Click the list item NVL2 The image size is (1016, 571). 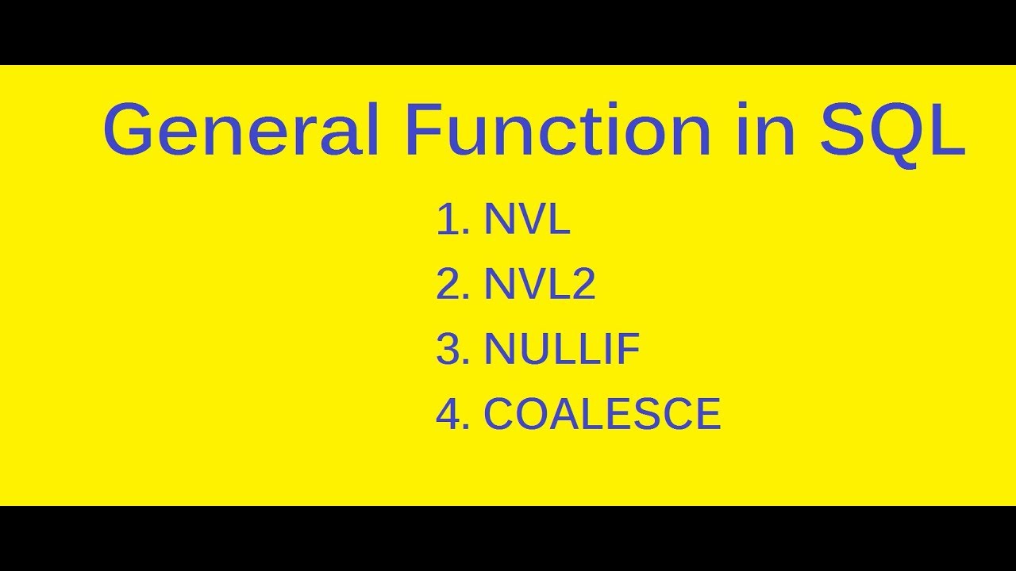(x=540, y=285)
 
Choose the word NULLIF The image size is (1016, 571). (x=562, y=350)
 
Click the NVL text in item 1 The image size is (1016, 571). (x=527, y=220)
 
